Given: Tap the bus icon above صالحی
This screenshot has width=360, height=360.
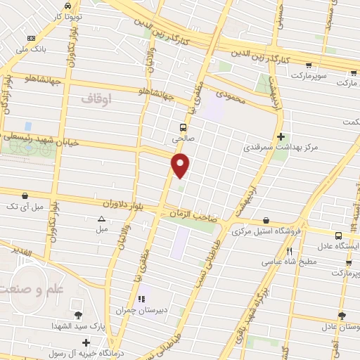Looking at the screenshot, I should pyautogui.click(x=183, y=127).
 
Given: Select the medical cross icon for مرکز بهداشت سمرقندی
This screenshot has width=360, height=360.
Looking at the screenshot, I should pyautogui.click(x=281, y=136).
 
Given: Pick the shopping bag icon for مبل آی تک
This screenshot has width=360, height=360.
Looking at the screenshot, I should pyautogui.click(x=25, y=195).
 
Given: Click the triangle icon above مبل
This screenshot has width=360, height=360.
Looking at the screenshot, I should pyautogui.click(x=102, y=219).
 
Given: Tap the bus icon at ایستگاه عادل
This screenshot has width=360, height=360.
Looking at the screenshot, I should pyautogui.click(x=339, y=236).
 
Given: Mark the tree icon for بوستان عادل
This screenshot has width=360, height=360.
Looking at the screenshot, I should pyautogui.click(x=342, y=316).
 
